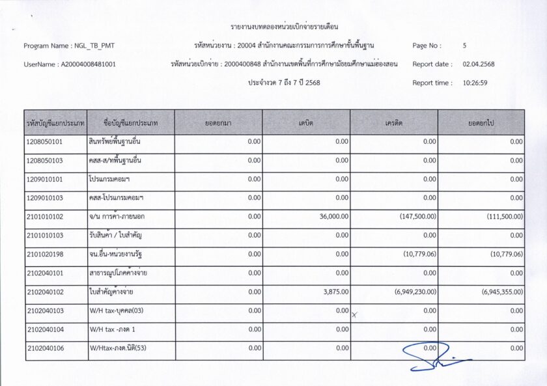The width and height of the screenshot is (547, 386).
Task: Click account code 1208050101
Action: tap(44, 141)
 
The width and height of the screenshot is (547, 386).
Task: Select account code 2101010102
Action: tap(44, 216)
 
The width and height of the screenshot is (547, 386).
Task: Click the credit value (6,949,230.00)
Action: tap(415, 292)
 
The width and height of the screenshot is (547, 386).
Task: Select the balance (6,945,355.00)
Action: tap(503, 292)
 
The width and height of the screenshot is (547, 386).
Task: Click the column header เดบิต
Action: tap(306, 122)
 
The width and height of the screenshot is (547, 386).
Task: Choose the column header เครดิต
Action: tap(393, 122)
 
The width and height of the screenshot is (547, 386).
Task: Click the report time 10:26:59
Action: tap(475, 83)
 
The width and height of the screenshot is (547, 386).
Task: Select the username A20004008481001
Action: tap(88, 64)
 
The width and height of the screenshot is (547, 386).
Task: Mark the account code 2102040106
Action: tap(44, 348)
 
